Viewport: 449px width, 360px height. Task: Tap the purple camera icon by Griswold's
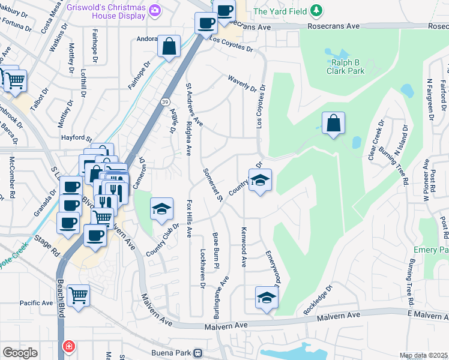tap(154, 10)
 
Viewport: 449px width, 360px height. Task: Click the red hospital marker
tap(69, 346)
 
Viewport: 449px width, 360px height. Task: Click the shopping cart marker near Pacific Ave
tap(78, 295)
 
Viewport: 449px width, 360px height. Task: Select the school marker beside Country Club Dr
tap(161, 209)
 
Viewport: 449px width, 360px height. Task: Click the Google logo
tap(20, 353)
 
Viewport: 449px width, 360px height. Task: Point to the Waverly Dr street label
tap(242, 83)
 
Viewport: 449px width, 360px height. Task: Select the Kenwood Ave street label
tap(244, 247)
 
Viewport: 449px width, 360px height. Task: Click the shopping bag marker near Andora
tap(169, 46)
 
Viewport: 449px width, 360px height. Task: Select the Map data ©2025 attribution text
tap(423, 355)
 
